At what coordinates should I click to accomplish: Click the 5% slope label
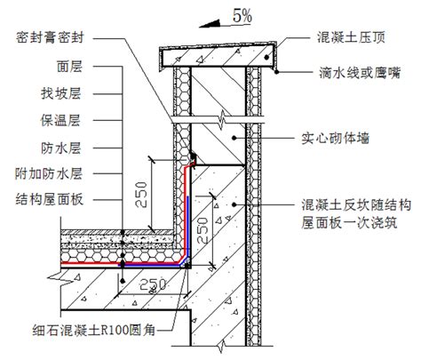(x=242, y=15)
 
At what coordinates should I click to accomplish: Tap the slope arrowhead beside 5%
(x=210, y=24)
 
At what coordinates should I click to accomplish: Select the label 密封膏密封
(x=50, y=37)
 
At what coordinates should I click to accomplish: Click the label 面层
(x=69, y=67)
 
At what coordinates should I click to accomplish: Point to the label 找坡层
(x=61, y=93)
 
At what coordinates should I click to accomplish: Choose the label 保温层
(x=60, y=120)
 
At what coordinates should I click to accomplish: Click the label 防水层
(x=61, y=148)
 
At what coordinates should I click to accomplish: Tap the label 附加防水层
(x=49, y=173)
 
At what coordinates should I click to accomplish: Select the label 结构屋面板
(x=50, y=200)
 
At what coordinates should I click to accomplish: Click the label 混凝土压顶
(x=351, y=37)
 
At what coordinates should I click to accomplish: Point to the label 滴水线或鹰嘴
(x=360, y=73)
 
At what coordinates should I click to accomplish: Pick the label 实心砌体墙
(x=336, y=138)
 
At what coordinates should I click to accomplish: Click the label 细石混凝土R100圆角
(x=94, y=330)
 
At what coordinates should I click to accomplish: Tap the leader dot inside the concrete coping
(x=267, y=57)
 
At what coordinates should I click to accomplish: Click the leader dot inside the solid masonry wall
(x=234, y=138)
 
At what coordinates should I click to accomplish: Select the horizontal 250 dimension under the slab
(x=153, y=285)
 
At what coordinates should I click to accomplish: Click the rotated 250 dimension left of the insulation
(x=141, y=195)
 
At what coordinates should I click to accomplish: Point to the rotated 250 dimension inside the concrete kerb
(x=203, y=230)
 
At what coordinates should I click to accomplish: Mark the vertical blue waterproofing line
(x=187, y=228)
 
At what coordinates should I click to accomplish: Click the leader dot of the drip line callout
(x=276, y=72)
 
